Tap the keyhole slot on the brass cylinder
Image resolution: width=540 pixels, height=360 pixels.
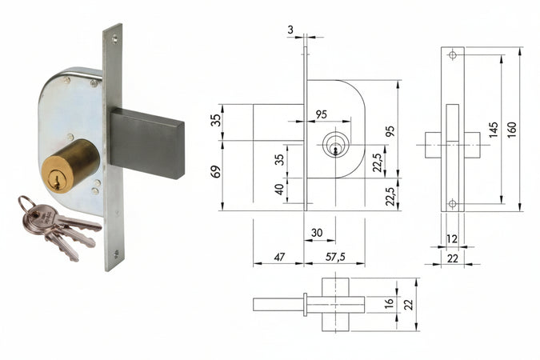[55, 181]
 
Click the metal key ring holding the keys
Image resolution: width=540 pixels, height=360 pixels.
[27, 204]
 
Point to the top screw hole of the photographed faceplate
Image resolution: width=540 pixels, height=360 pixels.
[116, 37]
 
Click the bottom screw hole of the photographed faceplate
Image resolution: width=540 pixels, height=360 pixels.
[115, 255]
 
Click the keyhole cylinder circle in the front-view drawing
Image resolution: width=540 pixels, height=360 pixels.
[335, 146]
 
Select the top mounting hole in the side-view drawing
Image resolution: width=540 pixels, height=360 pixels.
[452, 55]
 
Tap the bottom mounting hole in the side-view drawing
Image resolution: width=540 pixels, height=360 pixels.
[452, 204]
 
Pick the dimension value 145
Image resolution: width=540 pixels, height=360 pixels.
[494, 128]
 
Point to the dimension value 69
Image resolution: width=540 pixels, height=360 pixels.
[214, 170]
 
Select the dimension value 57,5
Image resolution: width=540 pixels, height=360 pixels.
[335, 257]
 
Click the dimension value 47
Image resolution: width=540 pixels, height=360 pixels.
[279, 257]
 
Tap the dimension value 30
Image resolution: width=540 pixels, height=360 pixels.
[318, 232]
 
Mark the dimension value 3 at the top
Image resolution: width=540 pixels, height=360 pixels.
[290, 29]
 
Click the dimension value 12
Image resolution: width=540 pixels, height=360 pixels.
[452, 239]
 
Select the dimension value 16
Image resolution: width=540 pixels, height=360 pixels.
[389, 305]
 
